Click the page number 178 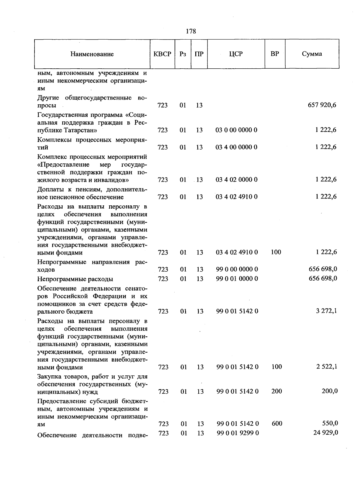pyautogui.click(x=191, y=31)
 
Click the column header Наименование pyautogui.click(x=92, y=54)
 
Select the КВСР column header pyautogui.click(x=162, y=54)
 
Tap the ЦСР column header pyautogui.click(x=236, y=54)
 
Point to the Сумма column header pyautogui.click(x=312, y=54)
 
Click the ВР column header pyautogui.click(x=275, y=54)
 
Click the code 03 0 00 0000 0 pyautogui.click(x=236, y=130)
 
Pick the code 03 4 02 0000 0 pyautogui.click(x=236, y=180)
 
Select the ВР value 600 pyautogui.click(x=277, y=423)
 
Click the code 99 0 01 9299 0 pyautogui.click(x=238, y=433)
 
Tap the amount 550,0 pyautogui.click(x=330, y=423)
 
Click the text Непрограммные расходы pyautogui.click(x=75, y=279)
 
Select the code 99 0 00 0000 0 pyautogui.click(x=237, y=269)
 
